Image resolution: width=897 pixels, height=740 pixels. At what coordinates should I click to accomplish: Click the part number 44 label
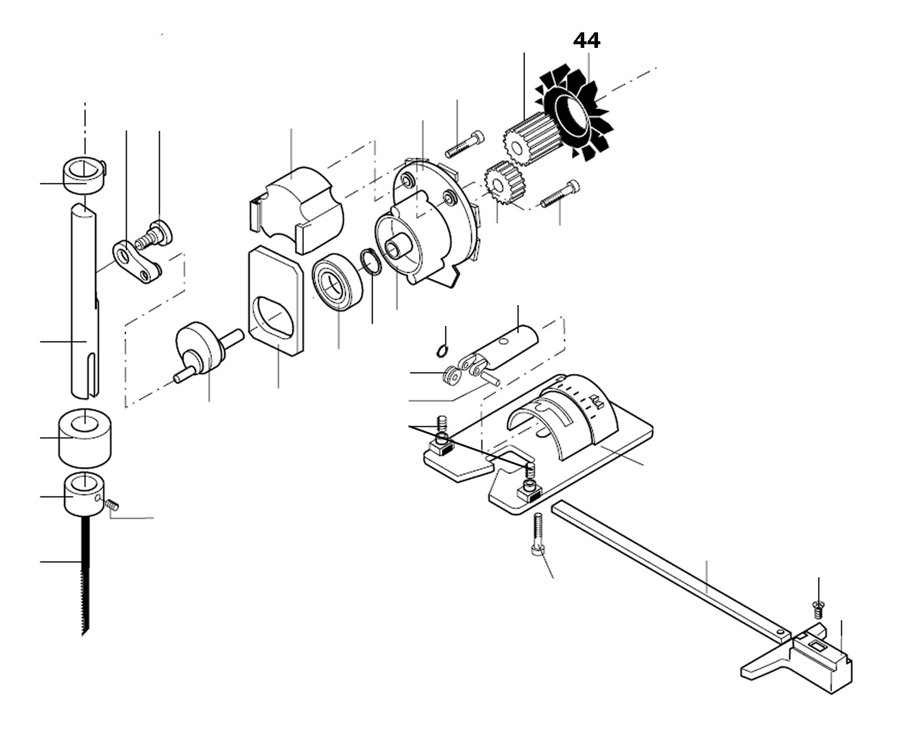[587, 41]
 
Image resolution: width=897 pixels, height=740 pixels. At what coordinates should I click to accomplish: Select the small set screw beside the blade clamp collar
[111, 505]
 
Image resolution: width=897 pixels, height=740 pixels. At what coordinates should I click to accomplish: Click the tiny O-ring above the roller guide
[442, 351]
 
